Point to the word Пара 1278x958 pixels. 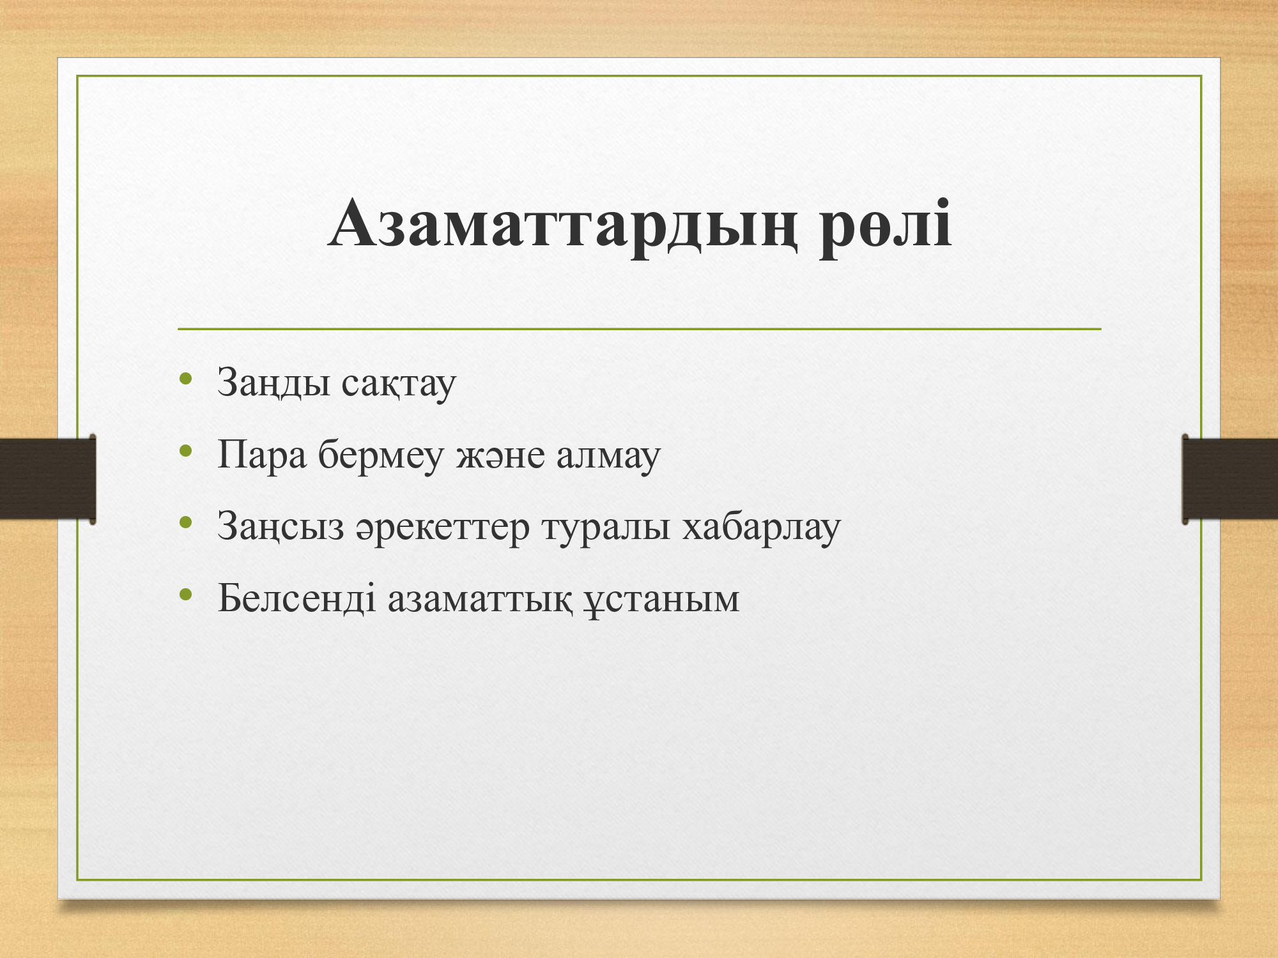262,455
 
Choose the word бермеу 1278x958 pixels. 381,455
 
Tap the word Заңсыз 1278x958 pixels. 281,528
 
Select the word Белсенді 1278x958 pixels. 296,598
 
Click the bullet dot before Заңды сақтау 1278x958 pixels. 186,379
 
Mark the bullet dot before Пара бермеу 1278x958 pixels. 186,451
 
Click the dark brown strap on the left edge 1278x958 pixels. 48,478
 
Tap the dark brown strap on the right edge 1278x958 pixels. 1230,478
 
